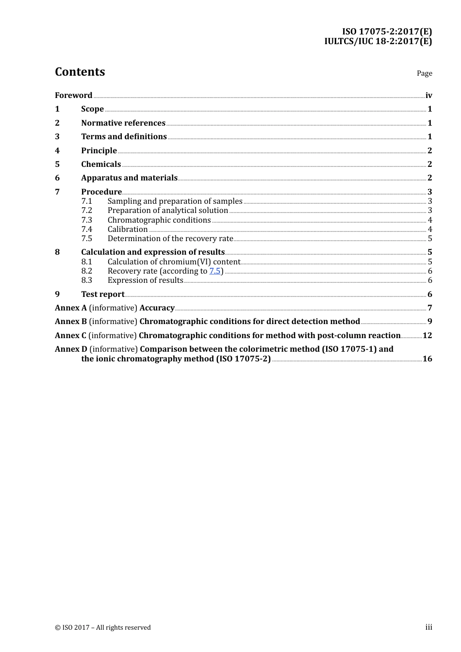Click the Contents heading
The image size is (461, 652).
[x=80, y=72]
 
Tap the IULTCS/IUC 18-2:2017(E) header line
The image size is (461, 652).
[x=378, y=41]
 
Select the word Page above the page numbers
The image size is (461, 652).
[x=424, y=73]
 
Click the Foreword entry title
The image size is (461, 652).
[x=73, y=96]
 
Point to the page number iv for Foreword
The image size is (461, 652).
[x=428, y=96]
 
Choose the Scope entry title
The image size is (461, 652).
[x=92, y=109]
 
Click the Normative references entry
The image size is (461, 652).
[x=123, y=123]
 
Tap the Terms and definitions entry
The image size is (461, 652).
[x=124, y=137]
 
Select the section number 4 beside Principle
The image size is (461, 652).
[x=57, y=150]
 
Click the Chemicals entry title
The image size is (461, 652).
[x=101, y=164]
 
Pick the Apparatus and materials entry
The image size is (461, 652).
[x=129, y=178]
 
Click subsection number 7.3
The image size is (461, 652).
[x=86, y=220]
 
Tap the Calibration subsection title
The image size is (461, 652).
[x=128, y=229]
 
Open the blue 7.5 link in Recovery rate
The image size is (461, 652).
[x=214, y=271]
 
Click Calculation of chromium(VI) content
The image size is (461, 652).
[x=174, y=262]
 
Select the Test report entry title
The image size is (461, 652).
[x=103, y=294]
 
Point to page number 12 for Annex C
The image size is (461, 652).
[x=427, y=336]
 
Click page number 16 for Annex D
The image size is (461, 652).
[x=427, y=359]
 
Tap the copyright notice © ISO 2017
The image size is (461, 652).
[x=103, y=627]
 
